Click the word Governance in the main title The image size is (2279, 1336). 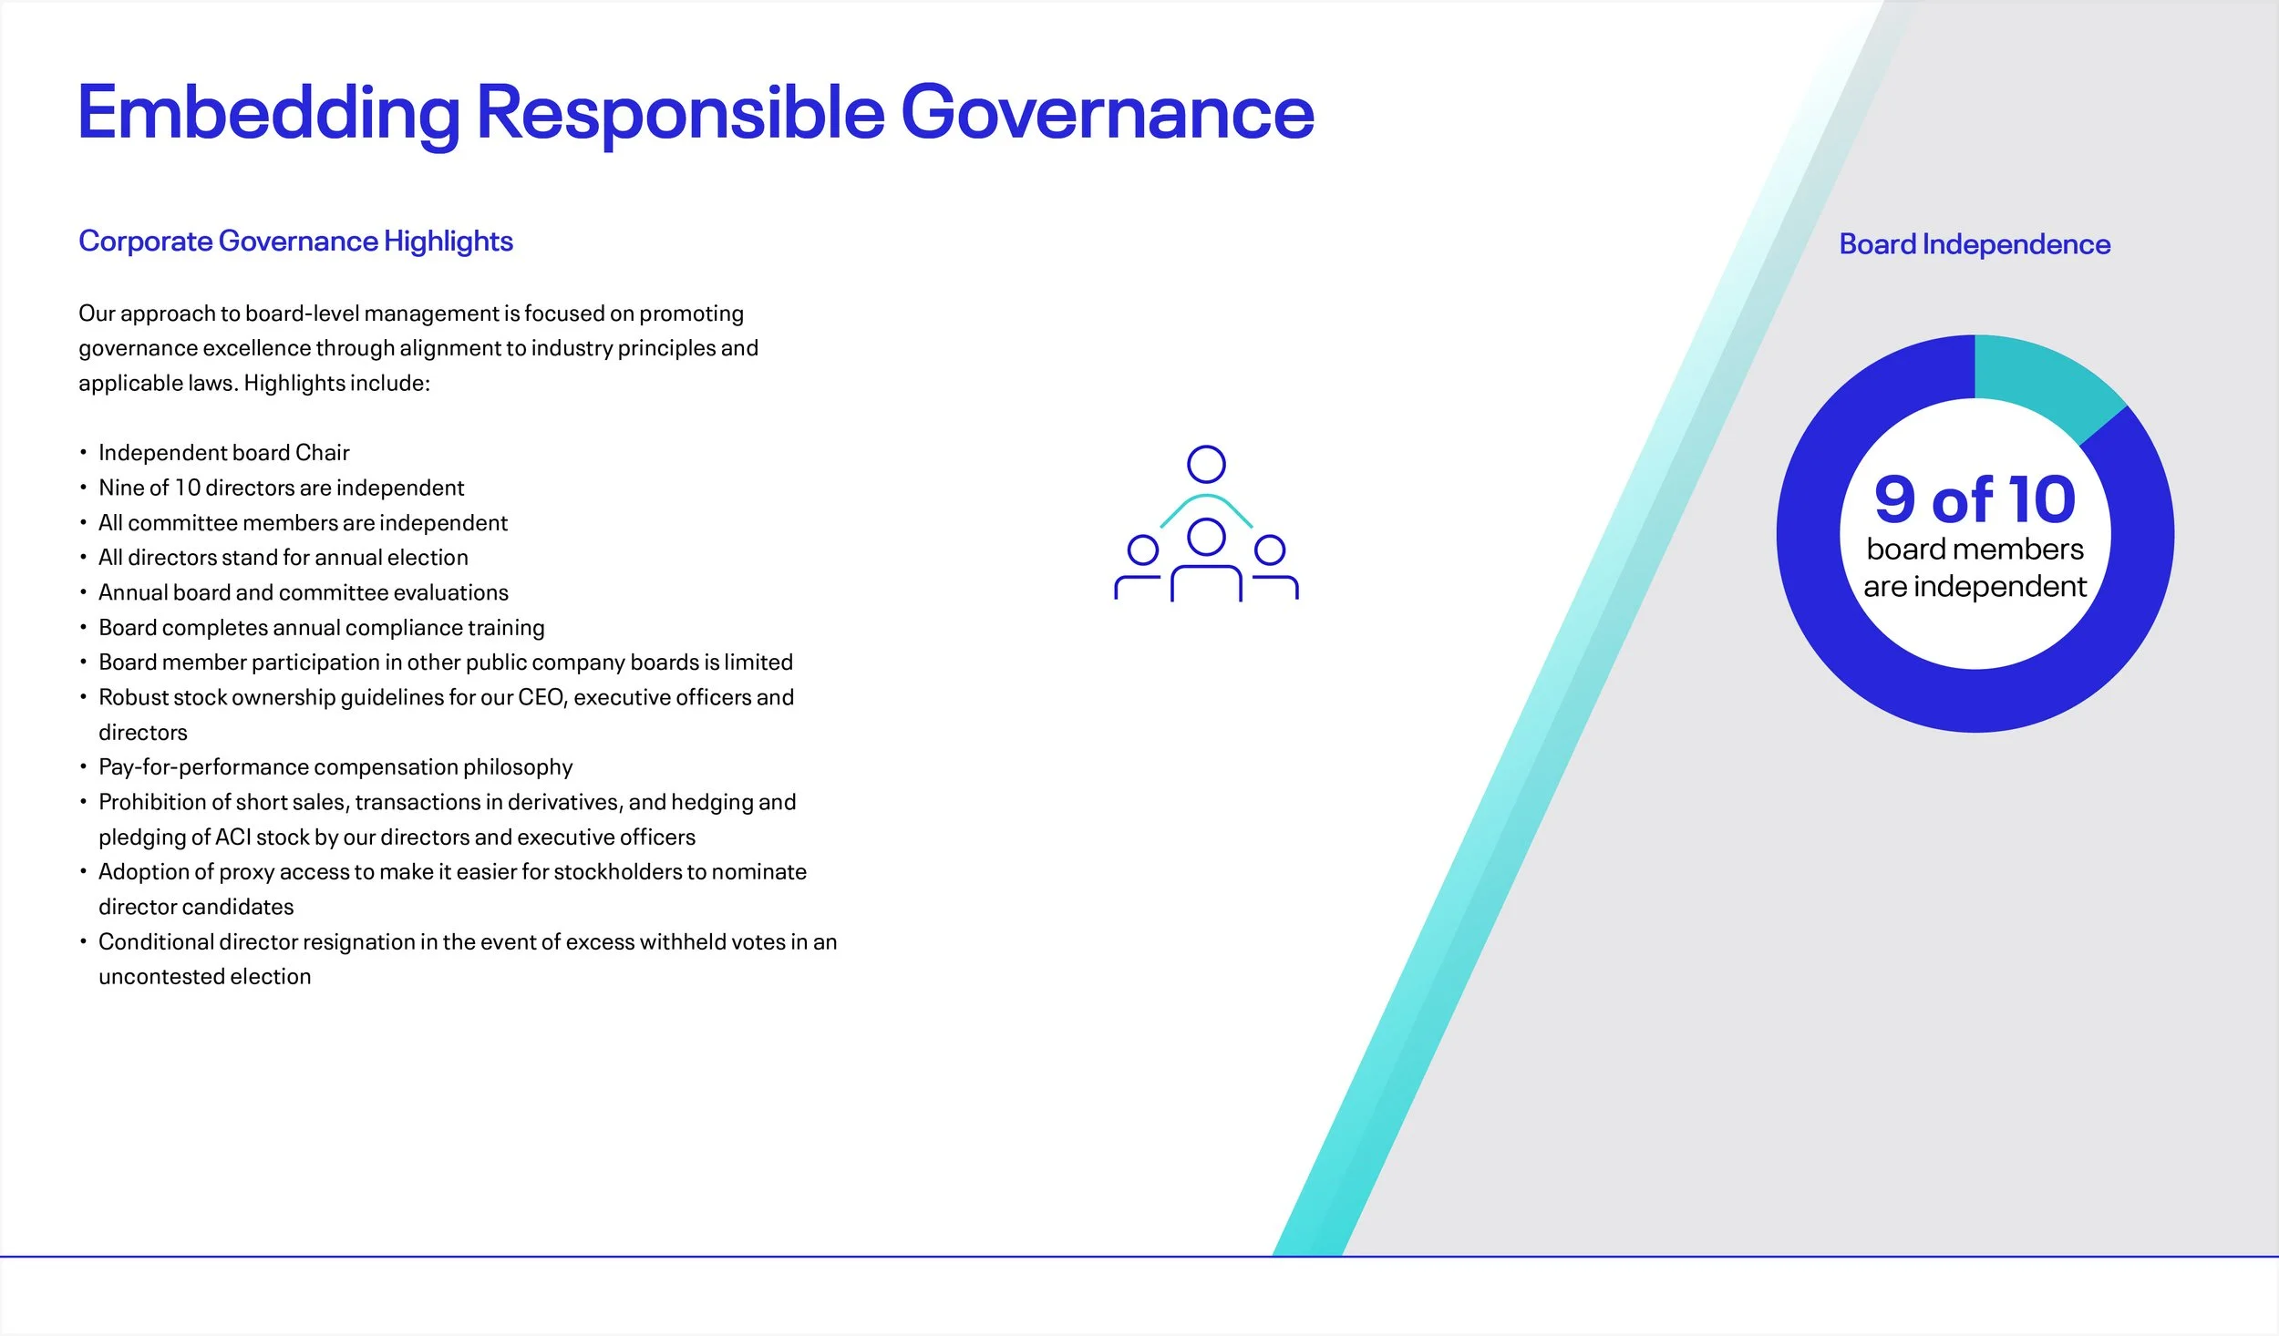pos(1107,113)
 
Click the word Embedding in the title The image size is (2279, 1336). pos(269,113)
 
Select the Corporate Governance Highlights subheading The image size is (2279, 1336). pos(295,242)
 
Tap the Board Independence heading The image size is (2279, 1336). pos(1975,244)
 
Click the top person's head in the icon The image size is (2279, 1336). pos(1206,464)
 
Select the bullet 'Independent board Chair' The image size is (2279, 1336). pos(223,453)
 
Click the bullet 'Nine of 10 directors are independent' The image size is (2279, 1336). pos(281,488)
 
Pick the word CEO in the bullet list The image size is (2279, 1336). pos(541,697)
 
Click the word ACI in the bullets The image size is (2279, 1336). pos(232,837)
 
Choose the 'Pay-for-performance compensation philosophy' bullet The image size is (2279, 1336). pos(335,767)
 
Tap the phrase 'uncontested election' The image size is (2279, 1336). pos(204,976)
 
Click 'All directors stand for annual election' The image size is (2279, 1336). pos(283,558)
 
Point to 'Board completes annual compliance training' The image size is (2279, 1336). pos(321,628)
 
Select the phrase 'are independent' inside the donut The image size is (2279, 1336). pos(1975,586)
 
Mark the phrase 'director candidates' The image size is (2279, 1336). pos(196,907)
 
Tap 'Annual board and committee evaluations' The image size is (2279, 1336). pos(303,592)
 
